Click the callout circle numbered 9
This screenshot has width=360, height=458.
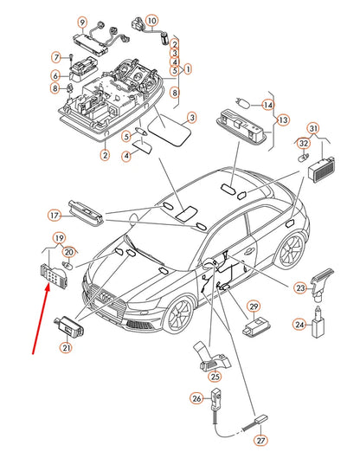click(82, 23)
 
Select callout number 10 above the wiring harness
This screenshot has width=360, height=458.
click(151, 21)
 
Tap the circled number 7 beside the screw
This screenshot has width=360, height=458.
click(56, 57)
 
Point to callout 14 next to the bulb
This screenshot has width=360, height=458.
click(267, 105)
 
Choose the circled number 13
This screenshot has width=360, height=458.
click(283, 120)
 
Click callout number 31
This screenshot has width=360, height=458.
click(313, 128)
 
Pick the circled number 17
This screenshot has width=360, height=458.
click(54, 216)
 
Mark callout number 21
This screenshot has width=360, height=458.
click(67, 347)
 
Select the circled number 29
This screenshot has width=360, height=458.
click(254, 306)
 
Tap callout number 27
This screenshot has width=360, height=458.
click(260, 441)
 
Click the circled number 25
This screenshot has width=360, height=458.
click(215, 377)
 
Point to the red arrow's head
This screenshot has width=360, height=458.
click(47, 287)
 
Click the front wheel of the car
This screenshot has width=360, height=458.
click(178, 315)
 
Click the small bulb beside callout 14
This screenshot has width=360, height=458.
click(242, 103)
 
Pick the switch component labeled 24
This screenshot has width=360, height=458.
click(318, 322)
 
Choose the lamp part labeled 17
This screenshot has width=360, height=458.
click(86, 213)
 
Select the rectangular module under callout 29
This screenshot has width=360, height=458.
click(257, 328)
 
